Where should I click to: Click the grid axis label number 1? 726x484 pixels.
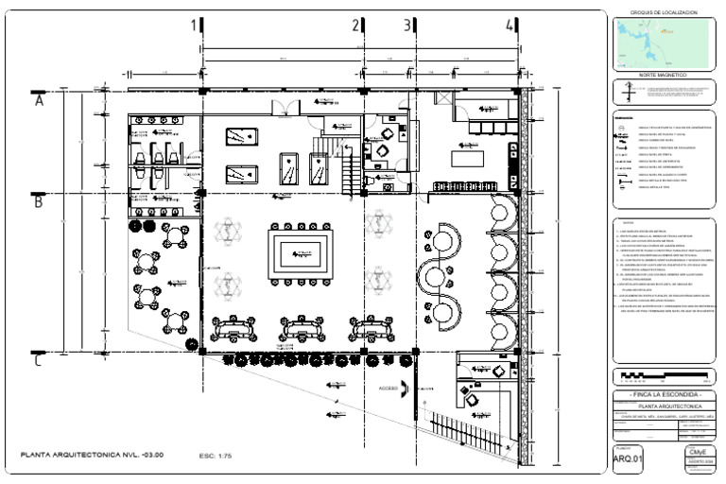click(x=196, y=26)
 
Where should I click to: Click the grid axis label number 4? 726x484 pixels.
click(x=510, y=26)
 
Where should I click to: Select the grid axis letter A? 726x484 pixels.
click(x=40, y=100)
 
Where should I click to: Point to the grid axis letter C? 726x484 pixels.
click(x=38, y=359)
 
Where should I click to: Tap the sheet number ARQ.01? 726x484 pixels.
click(x=628, y=460)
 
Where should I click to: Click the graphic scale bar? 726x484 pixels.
click(x=660, y=376)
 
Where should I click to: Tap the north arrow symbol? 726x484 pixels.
click(x=629, y=93)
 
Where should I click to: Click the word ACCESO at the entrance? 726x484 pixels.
click(x=388, y=388)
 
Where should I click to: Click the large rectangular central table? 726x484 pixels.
click(x=300, y=253)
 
